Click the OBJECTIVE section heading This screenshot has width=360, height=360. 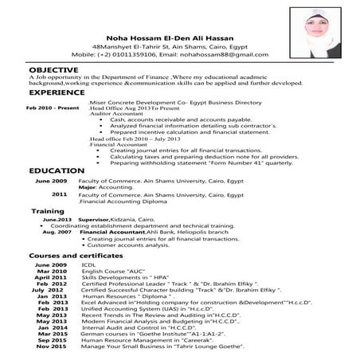pos(55,71)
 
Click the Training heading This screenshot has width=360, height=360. pos(47,211)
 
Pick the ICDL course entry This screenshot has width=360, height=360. pos(88,264)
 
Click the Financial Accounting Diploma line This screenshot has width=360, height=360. pos(123,201)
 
